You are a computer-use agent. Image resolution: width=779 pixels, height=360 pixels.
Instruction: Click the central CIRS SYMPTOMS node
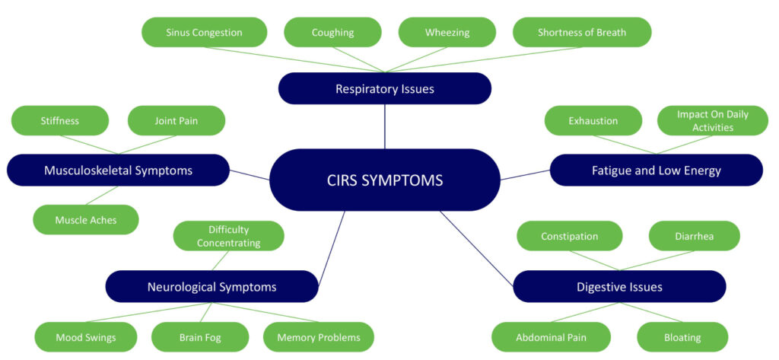[384, 180]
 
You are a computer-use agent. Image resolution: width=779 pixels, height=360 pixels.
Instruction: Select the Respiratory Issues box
[384, 88]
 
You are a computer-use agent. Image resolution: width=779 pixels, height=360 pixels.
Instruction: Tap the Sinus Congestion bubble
[204, 33]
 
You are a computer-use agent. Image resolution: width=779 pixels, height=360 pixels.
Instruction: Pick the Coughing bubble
[332, 33]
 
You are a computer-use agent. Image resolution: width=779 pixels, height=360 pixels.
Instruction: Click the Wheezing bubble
[447, 33]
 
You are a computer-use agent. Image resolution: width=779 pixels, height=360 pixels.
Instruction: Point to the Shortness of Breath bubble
[582, 33]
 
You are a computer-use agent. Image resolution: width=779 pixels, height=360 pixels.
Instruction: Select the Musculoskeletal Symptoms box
[117, 170]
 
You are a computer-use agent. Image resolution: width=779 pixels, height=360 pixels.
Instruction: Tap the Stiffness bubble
[60, 120]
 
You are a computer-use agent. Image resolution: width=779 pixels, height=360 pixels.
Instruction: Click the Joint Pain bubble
[176, 120]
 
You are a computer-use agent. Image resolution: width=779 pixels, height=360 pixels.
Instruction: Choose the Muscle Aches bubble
[86, 220]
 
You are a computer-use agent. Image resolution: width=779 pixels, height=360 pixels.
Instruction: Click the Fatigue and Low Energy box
[656, 170]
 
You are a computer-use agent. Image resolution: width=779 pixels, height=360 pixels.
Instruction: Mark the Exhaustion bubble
[593, 120]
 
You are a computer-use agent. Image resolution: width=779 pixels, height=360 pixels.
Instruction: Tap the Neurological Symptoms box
[211, 286]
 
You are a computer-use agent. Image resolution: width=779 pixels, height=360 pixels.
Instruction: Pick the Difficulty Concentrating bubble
[228, 236]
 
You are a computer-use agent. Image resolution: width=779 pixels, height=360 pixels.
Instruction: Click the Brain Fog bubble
[200, 337]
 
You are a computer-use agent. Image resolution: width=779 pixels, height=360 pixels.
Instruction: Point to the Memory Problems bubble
[318, 337]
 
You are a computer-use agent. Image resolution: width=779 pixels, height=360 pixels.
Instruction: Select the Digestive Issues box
[619, 286]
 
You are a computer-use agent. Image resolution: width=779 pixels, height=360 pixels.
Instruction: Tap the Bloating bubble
[682, 337]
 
